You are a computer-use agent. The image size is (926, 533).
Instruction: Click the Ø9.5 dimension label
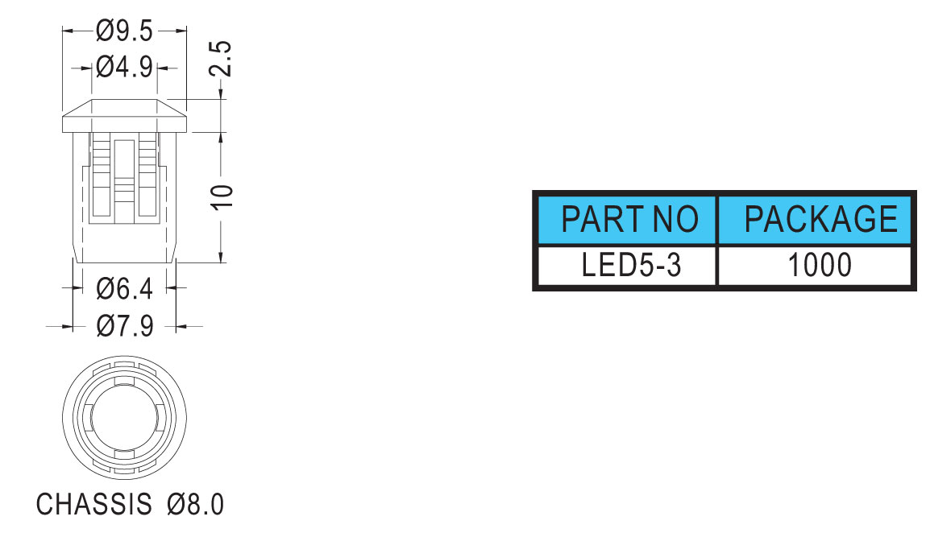[124, 31]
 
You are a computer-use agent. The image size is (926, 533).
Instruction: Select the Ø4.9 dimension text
[124, 68]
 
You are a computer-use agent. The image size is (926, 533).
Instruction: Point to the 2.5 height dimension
[221, 59]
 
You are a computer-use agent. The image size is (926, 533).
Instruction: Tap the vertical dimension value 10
[223, 196]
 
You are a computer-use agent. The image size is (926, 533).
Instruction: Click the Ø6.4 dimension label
[124, 288]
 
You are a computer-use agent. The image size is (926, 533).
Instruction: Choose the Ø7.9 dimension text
[125, 326]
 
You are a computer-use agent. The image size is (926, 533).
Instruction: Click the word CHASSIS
[94, 505]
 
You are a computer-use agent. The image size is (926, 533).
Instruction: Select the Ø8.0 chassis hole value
[196, 505]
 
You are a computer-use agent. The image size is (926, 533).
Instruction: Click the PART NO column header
[629, 219]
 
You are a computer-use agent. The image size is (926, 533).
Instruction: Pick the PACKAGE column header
[821, 219]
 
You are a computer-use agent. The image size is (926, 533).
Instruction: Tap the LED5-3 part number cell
[631, 265]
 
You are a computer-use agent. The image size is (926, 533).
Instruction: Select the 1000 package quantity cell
[820, 265]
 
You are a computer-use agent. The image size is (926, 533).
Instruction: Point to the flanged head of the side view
[125, 116]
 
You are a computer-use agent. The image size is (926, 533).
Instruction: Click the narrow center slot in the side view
[124, 178]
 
